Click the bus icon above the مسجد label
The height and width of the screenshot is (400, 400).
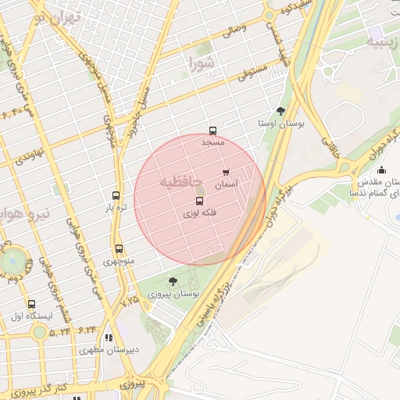[212, 131]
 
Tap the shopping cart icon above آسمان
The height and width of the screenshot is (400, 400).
[226, 173]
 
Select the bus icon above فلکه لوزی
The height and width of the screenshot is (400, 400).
[199, 202]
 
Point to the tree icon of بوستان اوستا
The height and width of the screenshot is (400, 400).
[280, 112]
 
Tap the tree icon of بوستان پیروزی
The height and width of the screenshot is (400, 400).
[173, 281]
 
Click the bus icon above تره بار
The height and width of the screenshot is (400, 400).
[116, 196]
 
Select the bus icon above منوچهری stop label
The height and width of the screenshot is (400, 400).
[117, 248]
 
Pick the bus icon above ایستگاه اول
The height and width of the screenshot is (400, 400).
[31, 304]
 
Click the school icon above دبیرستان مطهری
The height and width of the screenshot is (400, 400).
[109, 338]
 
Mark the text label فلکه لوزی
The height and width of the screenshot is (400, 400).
[199, 213]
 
